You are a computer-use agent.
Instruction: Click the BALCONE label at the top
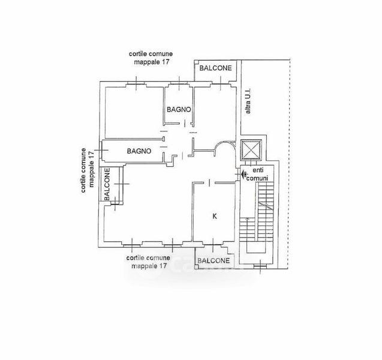(215, 69)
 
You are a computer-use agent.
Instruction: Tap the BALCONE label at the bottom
(213, 261)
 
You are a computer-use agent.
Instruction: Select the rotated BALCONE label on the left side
(107, 184)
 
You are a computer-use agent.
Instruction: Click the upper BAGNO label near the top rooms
(179, 109)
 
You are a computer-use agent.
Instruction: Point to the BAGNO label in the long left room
(139, 151)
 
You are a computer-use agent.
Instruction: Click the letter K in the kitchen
(214, 216)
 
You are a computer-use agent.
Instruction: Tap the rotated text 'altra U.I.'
(248, 103)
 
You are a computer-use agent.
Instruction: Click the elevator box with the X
(249, 150)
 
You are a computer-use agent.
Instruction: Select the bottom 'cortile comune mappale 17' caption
(148, 261)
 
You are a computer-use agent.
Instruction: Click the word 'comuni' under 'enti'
(260, 178)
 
